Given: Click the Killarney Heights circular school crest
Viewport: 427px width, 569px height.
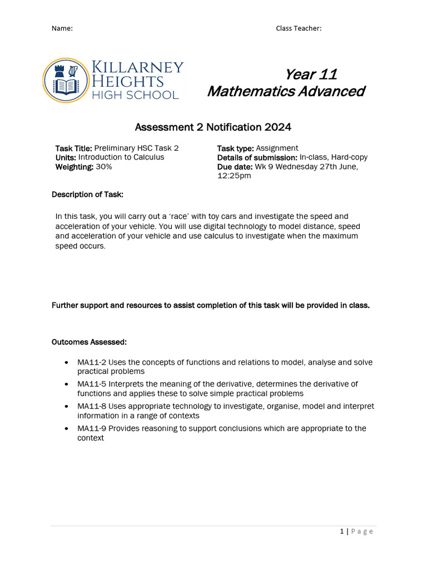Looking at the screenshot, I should [66, 81].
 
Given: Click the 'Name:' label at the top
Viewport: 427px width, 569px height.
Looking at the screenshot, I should [62, 28].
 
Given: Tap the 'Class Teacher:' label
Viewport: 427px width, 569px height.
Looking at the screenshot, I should [299, 28].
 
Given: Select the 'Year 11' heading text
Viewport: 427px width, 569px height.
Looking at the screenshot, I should [311, 74].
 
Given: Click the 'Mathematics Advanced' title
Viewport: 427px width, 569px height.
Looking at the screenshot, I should [286, 91].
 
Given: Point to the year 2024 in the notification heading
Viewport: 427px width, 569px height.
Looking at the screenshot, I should [279, 127].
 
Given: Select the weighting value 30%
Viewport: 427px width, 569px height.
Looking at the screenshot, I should [103, 167].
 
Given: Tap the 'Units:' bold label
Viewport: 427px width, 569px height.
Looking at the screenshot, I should [66, 157].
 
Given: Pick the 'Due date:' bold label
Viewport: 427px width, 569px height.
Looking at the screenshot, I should [235, 167].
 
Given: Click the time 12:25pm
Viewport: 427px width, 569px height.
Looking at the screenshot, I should [234, 176].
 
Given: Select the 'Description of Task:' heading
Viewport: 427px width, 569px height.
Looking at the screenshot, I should [88, 194].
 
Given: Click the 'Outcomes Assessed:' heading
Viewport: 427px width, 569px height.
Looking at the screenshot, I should [89, 341].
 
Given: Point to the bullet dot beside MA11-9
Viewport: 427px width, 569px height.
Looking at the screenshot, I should [67, 428].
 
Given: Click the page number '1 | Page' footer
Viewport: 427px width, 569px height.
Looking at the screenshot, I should [356, 532].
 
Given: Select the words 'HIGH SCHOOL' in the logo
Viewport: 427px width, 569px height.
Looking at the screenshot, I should [135, 95].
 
